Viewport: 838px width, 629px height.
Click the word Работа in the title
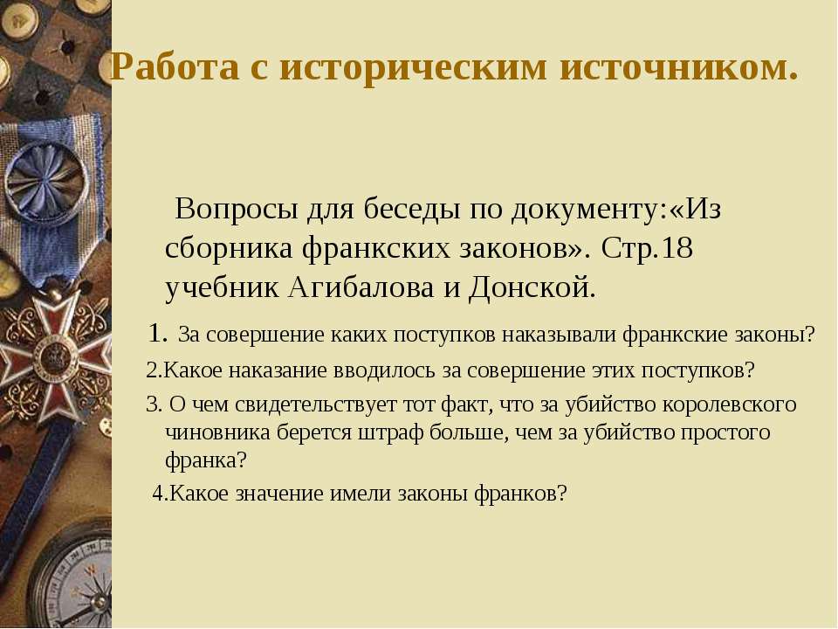tap(175, 67)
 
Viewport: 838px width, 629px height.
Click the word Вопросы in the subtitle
tap(236, 208)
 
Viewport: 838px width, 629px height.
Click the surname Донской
tap(532, 287)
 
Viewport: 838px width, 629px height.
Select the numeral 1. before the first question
tap(158, 333)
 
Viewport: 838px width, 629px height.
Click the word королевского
tap(730, 404)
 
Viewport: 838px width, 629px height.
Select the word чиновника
tap(217, 432)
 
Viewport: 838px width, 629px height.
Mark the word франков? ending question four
tap(519, 493)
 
